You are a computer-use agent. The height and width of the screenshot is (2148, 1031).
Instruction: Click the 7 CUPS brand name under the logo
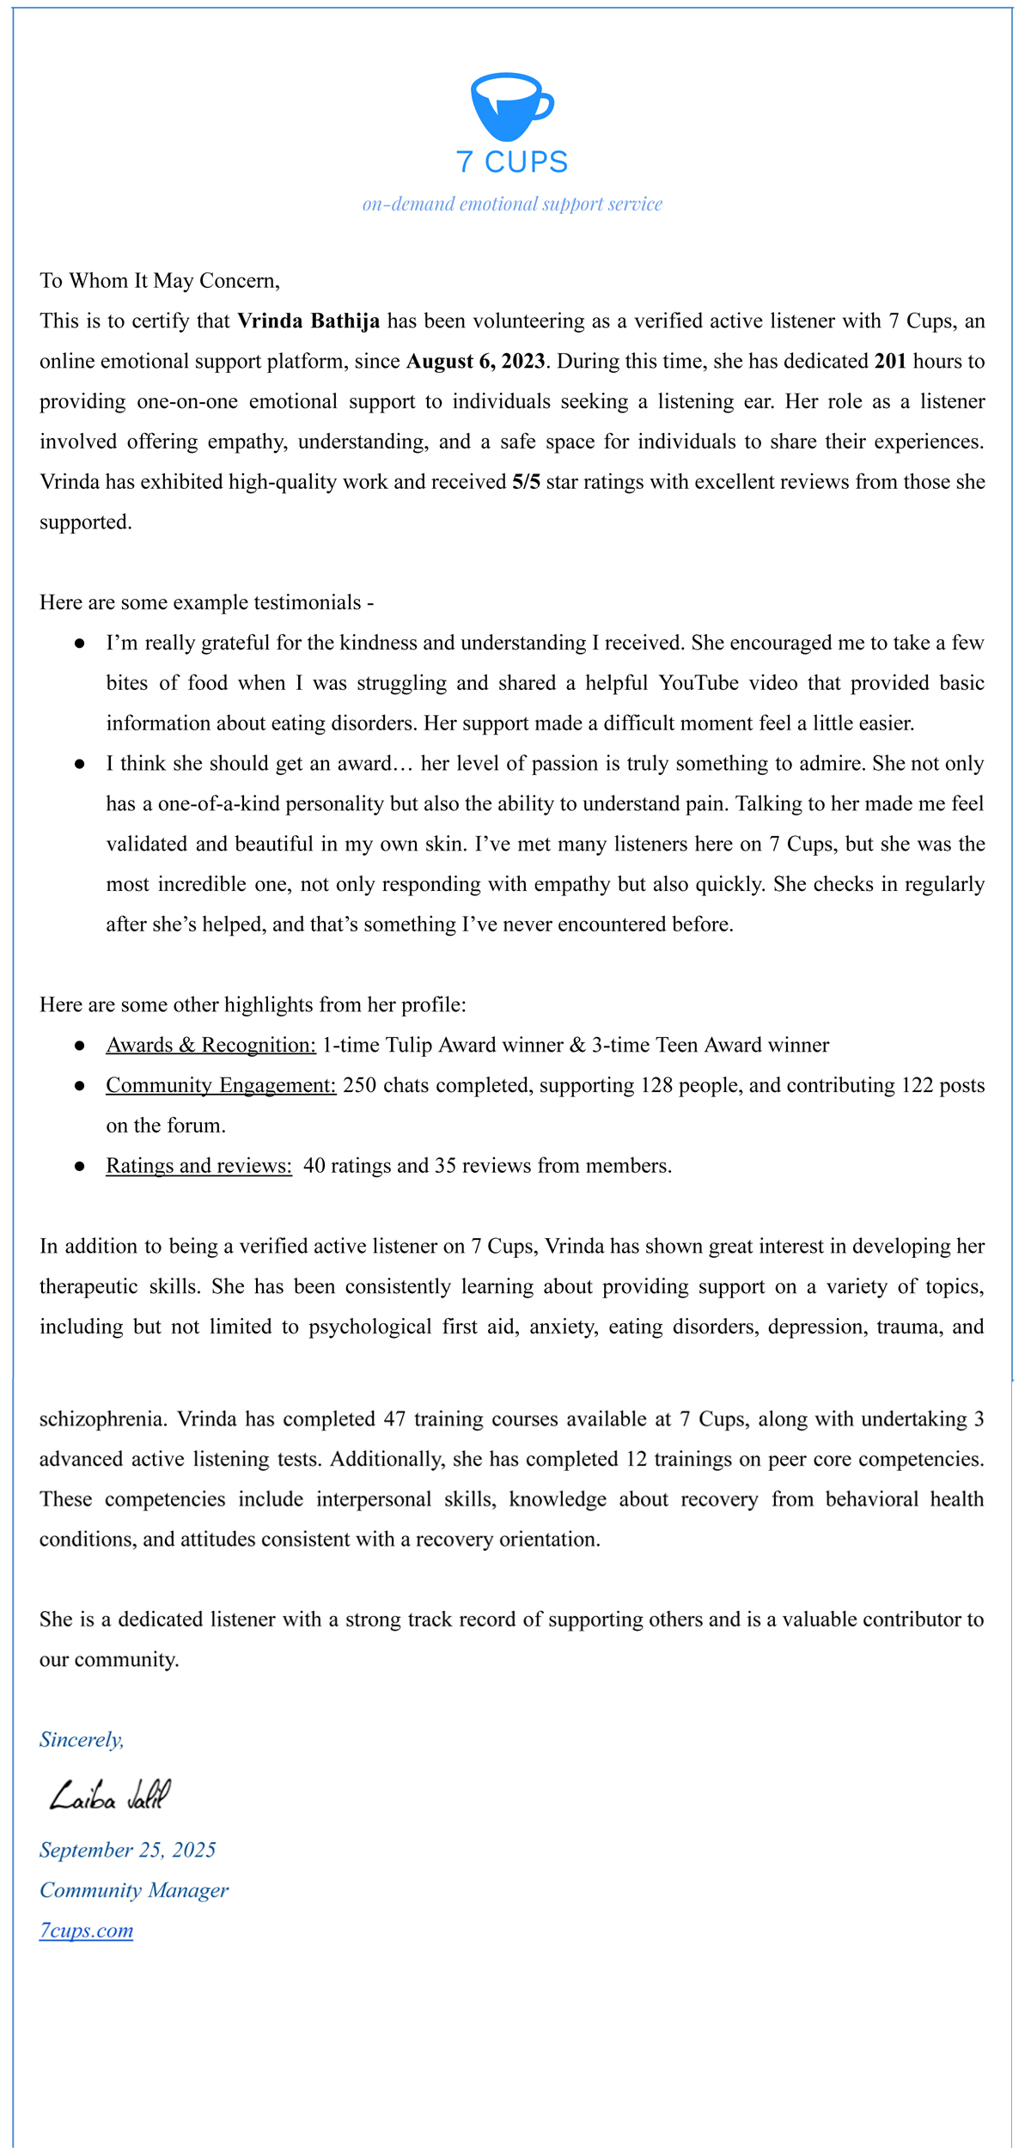point(512,162)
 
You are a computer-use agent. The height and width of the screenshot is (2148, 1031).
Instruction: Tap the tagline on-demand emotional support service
point(512,204)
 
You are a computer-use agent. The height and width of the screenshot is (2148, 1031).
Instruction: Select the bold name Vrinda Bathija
point(308,321)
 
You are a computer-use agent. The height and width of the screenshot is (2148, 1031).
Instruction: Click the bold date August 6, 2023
point(475,362)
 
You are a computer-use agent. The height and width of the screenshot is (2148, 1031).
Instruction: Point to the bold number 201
point(890,362)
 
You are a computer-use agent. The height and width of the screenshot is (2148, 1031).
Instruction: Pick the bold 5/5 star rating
point(526,482)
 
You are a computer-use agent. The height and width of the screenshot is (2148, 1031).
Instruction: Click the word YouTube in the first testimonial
point(699,683)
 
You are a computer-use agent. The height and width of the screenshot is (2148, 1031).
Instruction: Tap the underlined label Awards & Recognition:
point(210,1046)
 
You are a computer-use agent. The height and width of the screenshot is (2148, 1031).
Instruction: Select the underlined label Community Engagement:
point(221,1086)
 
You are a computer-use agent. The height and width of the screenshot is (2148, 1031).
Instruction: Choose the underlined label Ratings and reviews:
point(198,1166)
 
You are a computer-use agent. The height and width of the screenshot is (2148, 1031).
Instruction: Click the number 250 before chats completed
point(359,1086)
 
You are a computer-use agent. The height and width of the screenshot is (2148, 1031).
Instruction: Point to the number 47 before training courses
point(394,1419)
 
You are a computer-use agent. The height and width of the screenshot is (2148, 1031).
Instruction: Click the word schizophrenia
point(102,1419)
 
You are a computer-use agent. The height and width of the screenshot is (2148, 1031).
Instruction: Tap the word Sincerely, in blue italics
point(82,1740)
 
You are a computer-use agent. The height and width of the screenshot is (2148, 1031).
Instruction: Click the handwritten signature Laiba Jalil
point(110,1796)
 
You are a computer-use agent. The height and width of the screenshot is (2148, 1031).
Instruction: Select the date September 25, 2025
point(127,1850)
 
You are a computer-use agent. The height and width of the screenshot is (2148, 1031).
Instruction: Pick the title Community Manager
point(134,1890)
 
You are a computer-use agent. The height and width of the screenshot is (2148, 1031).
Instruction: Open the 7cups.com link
point(86,1931)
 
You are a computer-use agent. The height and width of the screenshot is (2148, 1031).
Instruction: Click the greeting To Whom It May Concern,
point(160,281)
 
